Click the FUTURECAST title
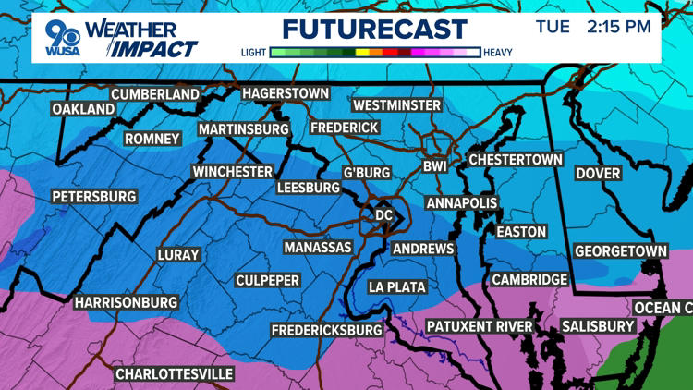point(374,28)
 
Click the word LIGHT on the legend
point(256,53)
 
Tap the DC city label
point(383,214)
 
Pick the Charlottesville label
point(174,374)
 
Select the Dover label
point(598,173)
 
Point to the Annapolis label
point(462,203)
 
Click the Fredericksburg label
point(326,330)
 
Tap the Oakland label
point(83,109)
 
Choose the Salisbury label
point(598,326)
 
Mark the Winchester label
point(232,172)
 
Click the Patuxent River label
point(480,326)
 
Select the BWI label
point(434,167)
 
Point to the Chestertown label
point(516,160)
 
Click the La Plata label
point(397,287)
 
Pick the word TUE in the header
point(553,27)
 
